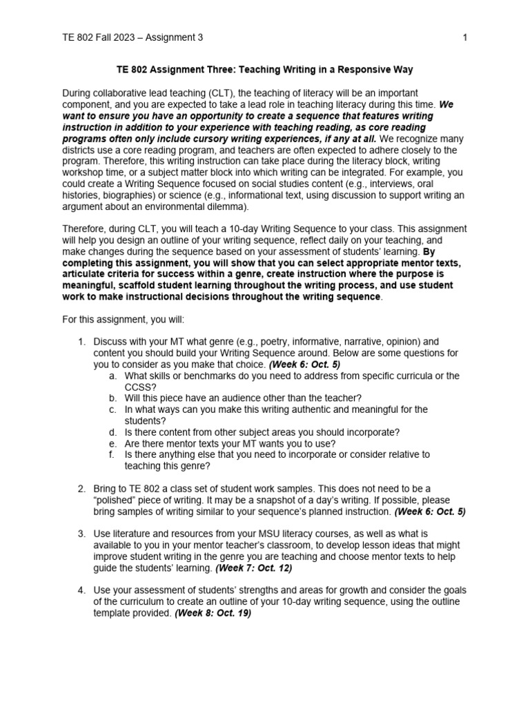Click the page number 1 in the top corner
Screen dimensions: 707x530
(x=465, y=37)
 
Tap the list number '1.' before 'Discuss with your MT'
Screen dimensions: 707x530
(x=81, y=342)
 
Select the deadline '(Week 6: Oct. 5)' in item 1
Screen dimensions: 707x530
(x=304, y=364)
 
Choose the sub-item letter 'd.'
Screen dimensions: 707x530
(x=112, y=432)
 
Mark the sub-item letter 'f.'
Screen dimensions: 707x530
(x=112, y=454)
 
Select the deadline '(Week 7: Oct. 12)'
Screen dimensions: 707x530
(x=253, y=568)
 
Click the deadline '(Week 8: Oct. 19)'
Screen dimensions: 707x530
(x=213, y=612)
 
